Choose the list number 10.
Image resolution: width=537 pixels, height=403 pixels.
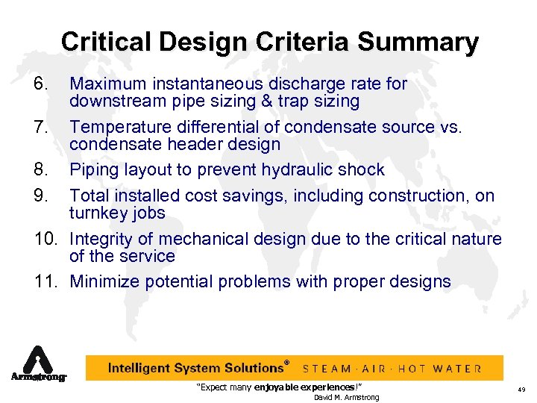pyautogui.click(x=45, y=239)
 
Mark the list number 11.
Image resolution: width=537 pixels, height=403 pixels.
pyautogui.click(x=45, y=281)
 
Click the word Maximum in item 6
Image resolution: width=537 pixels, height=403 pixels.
pyautogui.click(x=106, y=84)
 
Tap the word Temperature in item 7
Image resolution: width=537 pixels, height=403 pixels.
pyautogui.click(x=118, y=127)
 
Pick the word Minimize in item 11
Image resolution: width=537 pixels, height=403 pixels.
pyautogui.click(x=104, y=281)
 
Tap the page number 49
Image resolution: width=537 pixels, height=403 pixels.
pyautogui.click(x=521, y=390)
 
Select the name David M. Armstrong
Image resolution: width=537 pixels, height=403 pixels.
pyautogui.click(x=346, y=397)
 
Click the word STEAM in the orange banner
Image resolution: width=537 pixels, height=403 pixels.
pyautogui.click(x=327, y=369)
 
